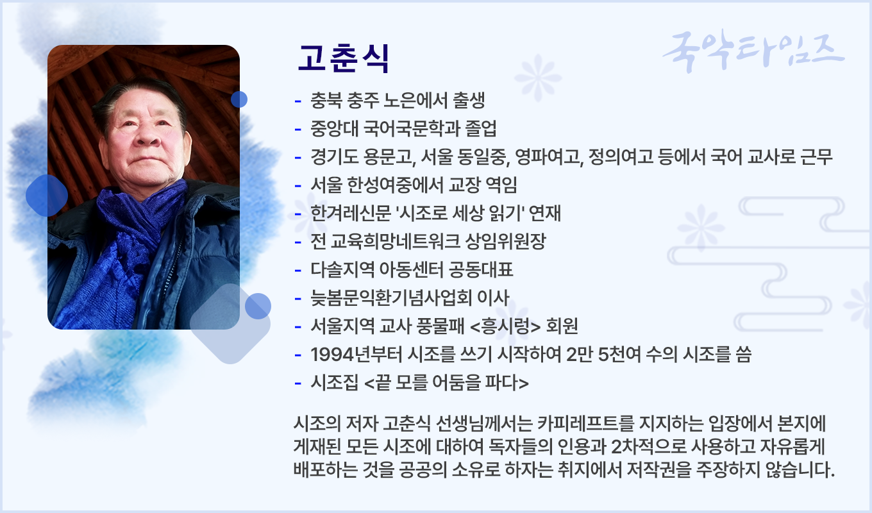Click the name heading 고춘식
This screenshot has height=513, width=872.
coord(343,59)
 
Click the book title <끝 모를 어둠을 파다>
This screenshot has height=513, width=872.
coord(446,383)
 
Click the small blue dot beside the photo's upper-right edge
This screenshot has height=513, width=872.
coord(239,99)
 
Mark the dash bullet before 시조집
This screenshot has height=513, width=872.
coord(298,383)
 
